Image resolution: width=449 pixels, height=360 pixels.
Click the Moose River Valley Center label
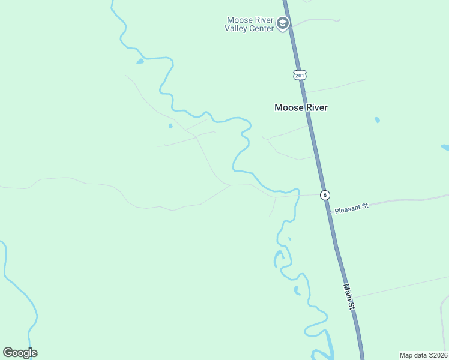(x=249, y=24)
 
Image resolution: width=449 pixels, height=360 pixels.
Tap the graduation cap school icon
(x=283, y=24)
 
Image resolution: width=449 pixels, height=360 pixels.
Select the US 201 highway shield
(x=300, y=75)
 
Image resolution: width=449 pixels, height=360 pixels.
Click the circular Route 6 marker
(x=324, y=195)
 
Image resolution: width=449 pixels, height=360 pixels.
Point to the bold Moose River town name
(x=301, y=108)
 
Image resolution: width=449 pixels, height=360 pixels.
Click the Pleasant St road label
(x=351, y=208)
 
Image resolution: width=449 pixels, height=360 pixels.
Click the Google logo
(x=20, y=353)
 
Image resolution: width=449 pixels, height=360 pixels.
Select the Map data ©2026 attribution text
(x=423, y=355)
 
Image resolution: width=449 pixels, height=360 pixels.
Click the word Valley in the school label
(x=237, y=28)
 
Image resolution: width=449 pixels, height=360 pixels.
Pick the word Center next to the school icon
(x=262, y=28)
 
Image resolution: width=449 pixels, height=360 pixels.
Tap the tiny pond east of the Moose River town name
(x=377, y=120)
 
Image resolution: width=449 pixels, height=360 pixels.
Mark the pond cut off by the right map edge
(x=445, y=147)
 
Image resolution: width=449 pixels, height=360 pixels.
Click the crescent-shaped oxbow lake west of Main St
(x=277, y=259)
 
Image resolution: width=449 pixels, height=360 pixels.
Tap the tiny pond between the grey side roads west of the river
(x=170, y=126)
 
